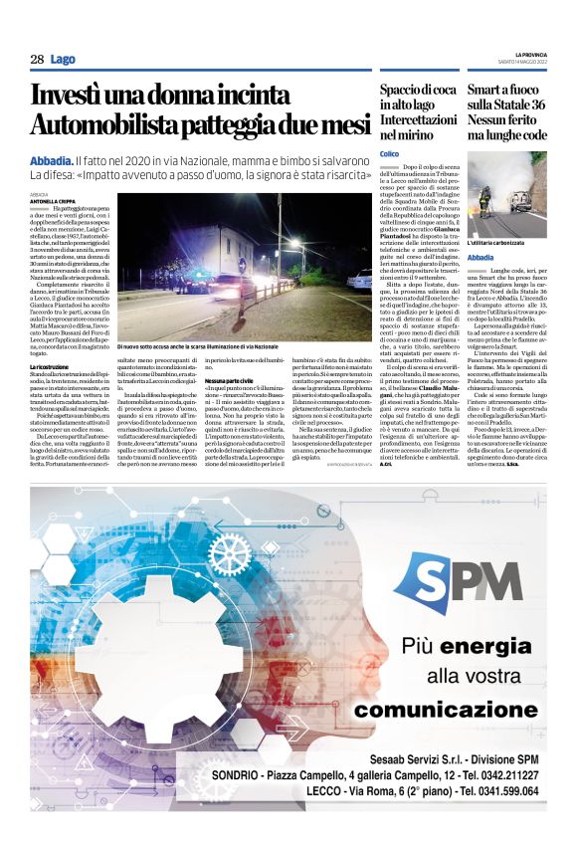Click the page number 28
(x=37, y=60)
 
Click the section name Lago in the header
(x=63, y=60)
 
